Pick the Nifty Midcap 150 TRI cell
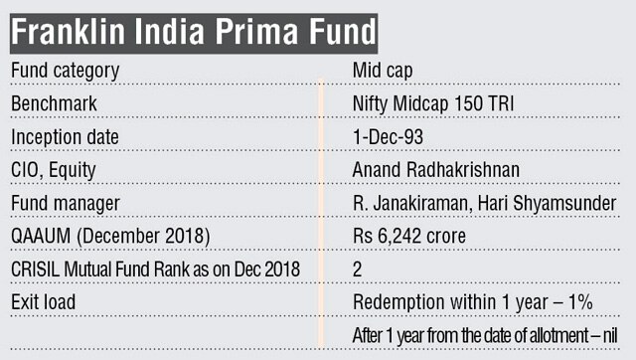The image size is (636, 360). click(x=434, y=103)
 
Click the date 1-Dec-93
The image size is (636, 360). click(x=386, y=136)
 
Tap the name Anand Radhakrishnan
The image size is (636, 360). click(x=435, y=169)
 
